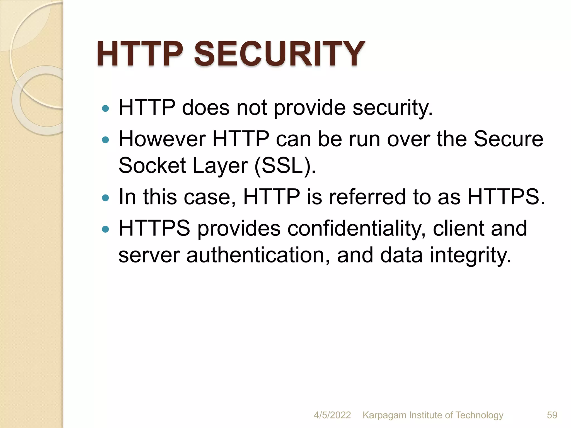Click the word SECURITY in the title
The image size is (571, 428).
[x=279, y=53]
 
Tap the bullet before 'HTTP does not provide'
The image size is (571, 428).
[x=105, y=108]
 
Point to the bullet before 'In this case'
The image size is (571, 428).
[x=105, y=198]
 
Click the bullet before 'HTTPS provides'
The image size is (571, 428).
[x=105, y=229]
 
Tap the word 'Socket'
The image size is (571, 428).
[x=152, y=166]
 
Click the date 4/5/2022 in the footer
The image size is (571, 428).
[x=332, y=415]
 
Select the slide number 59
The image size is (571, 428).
[x=552, y=415]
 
